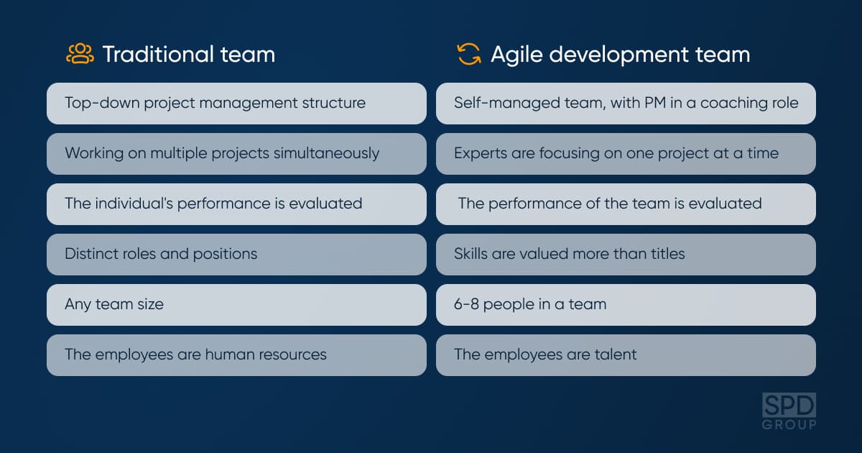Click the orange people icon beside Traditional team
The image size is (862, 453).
coord(80,54)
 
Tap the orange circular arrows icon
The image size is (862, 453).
coord(468,55)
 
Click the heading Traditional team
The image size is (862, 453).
coord(189,55)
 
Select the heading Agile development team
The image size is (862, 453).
coord(621,55)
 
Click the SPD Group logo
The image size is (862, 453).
coord(789,411)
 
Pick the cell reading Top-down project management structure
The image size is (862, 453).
coord(236,104)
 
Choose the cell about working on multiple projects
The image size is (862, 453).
coord(236,154)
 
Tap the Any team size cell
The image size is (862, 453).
coord(236,305)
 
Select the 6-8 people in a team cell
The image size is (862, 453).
coord(626,305)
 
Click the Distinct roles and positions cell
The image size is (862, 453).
coord(236,255)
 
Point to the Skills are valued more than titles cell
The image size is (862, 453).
coord(626,255)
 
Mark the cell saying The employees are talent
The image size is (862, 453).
coord(626,355)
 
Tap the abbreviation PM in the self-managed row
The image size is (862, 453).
coord(655,103)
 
